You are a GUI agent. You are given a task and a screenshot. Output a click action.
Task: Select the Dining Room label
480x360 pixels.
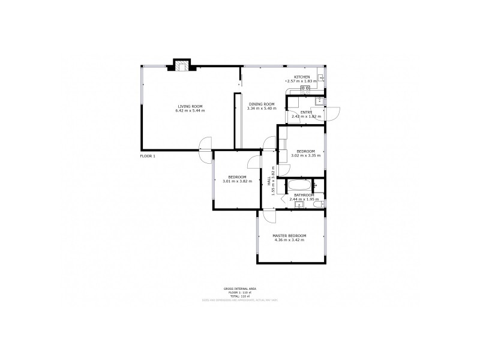(x=261, y=104)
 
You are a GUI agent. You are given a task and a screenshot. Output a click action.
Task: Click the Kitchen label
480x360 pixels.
(x=302, y=77)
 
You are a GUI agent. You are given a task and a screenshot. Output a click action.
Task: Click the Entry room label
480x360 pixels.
(x=306, y=112)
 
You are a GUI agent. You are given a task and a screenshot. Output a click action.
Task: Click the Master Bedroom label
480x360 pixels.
(x=289, y=235)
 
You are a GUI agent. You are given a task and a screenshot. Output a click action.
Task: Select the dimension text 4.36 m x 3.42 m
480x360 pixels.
(x=289, y=240)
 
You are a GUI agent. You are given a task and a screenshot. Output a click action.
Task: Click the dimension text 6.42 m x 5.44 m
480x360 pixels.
(x=190, y=111)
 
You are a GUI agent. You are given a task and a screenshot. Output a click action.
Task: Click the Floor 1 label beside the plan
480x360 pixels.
(x=148, y=156)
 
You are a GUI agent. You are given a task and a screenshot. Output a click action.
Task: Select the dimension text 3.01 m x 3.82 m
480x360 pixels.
(x=237, y=181)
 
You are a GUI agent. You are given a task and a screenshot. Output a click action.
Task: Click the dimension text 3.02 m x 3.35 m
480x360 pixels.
(x=305, y=155)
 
